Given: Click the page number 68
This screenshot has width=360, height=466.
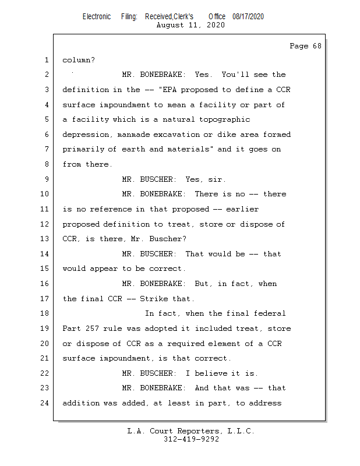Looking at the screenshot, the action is pos(317,46).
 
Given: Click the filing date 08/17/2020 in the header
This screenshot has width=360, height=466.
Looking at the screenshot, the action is pos(248,17).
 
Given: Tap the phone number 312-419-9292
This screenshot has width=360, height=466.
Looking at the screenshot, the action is pos(191,439).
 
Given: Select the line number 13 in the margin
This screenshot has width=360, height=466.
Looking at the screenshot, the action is pos(45,239).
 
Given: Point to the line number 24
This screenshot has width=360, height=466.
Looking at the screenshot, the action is pos(45,403).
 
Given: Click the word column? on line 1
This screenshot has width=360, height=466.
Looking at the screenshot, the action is pos(79,60).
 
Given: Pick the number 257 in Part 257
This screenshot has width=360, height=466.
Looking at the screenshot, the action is pos(92,329).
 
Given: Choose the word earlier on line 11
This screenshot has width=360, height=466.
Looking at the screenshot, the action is pos(242,209).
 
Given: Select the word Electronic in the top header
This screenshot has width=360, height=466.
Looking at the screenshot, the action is pos(97,17).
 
